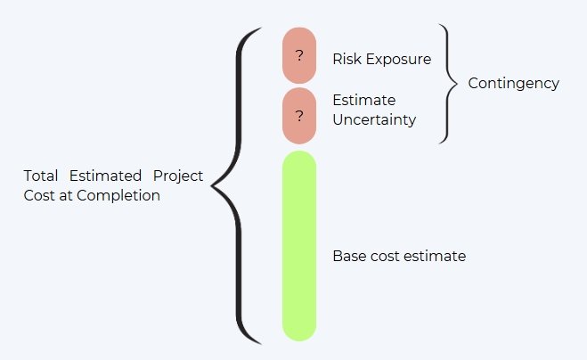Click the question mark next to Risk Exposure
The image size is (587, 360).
click(x=299, y=56)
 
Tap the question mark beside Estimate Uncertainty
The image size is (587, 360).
click(x=299, y=116)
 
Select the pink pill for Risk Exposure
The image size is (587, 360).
click(x=299, y=55)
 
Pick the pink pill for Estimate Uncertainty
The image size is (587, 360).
click(x=299, y=116)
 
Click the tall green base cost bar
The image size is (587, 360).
click(x=299, y=246)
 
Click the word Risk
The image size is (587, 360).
click(x=347, y=59)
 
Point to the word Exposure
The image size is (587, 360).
click(x=399, y=60)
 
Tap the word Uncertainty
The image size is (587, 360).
click(x=374, y=120)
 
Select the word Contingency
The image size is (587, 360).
click(x=514, y=84)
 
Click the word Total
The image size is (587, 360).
click(x=41, y=176)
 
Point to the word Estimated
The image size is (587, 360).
click(x=105, y=176)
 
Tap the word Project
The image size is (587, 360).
click(x=178, y=176)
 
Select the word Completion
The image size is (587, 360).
click(x=118, y=196)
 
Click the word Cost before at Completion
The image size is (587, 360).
click(x=39, y=195)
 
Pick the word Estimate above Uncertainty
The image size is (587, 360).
click(x=364, y=101)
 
